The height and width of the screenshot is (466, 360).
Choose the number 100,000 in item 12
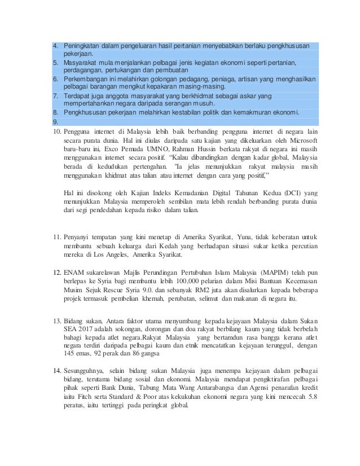(185, 281)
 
